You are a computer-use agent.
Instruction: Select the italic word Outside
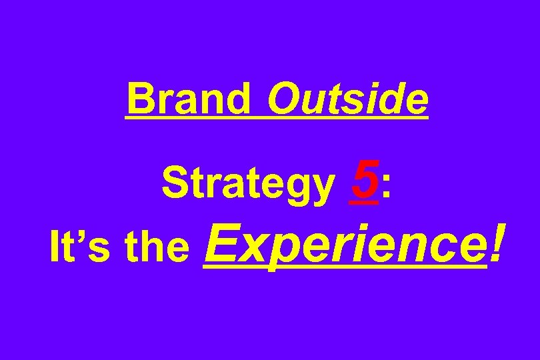click(x=347, y=99)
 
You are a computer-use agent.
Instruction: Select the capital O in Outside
click(x=283, y=99)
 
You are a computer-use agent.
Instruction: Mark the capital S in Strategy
click(x=175, y=183)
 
